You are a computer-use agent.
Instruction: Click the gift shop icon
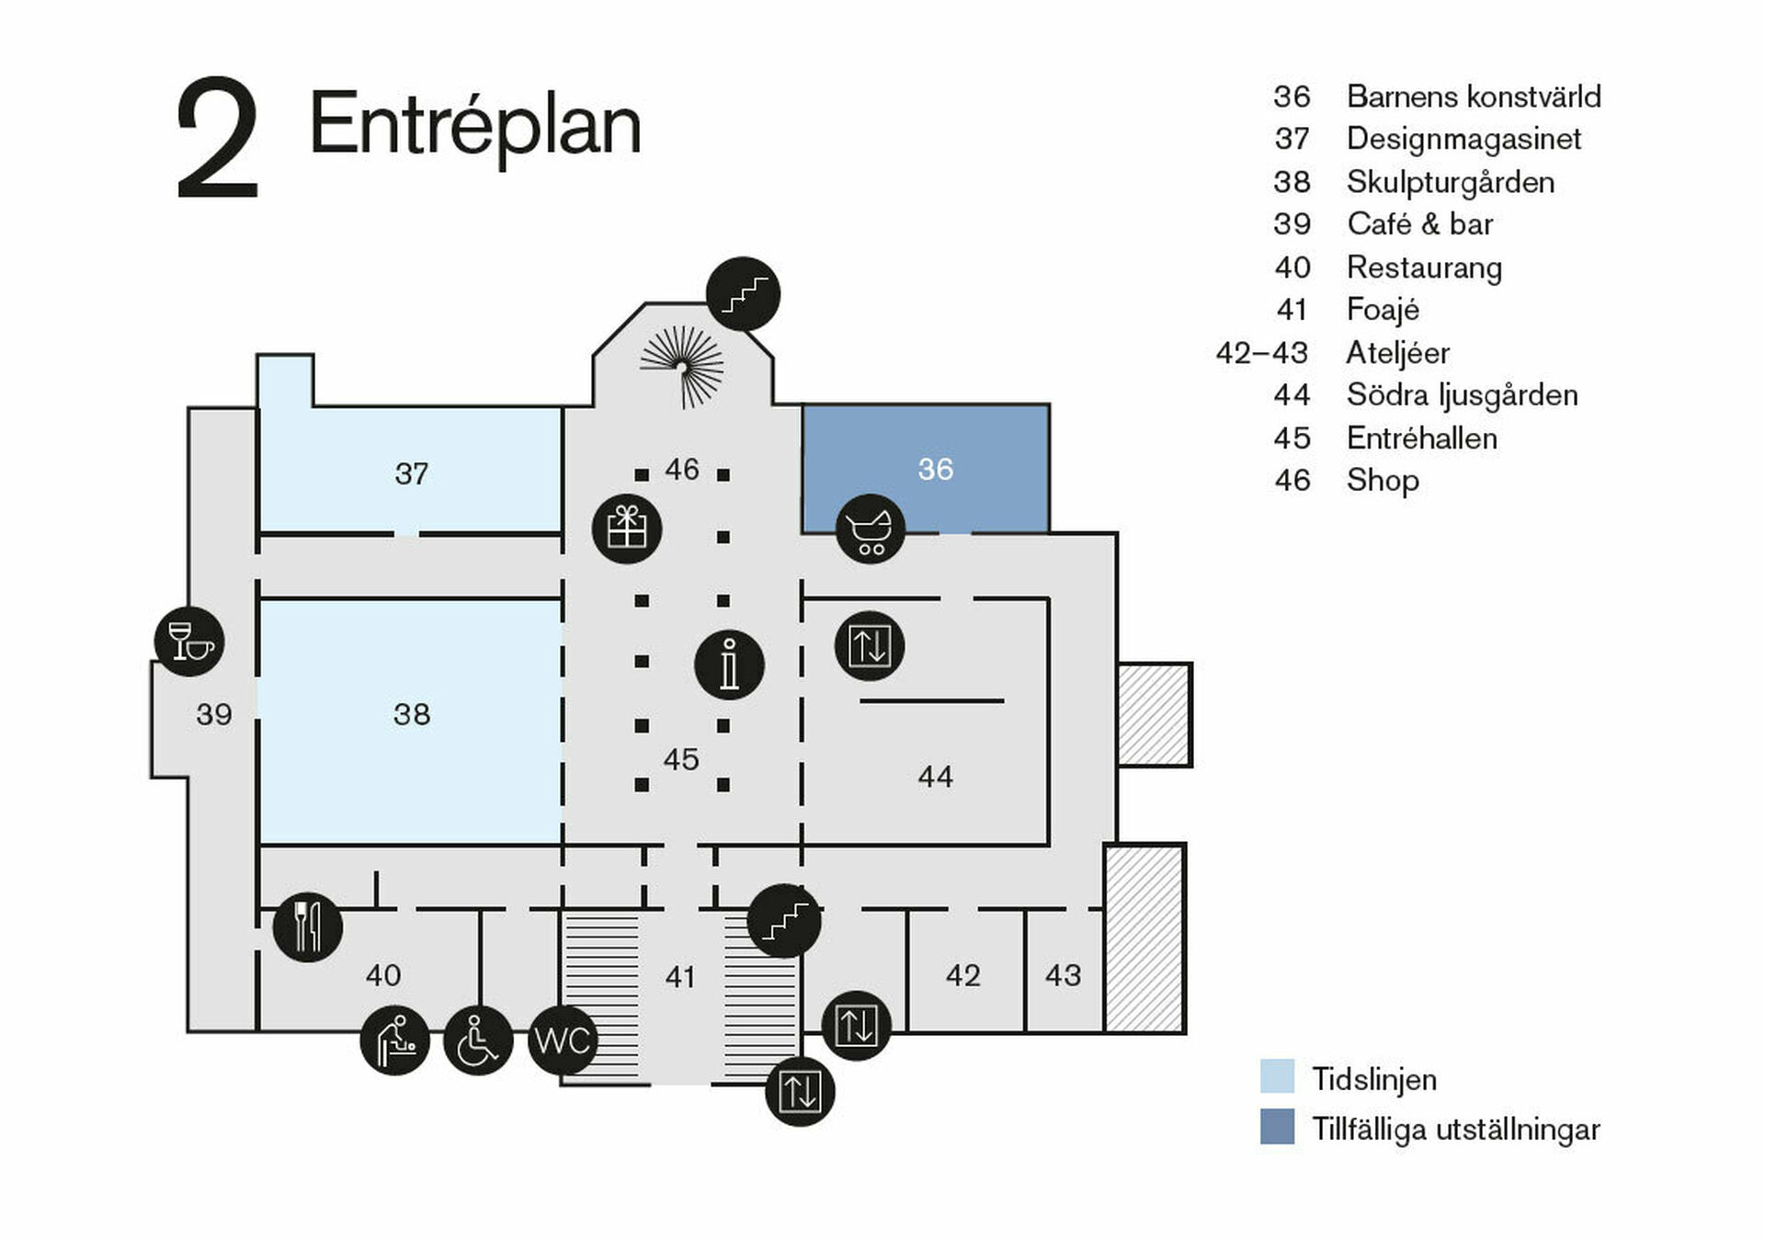[627, 529]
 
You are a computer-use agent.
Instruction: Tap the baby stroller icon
[870, 529]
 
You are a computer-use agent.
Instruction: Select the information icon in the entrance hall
[729, 665]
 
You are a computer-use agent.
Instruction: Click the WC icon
[563, 1040]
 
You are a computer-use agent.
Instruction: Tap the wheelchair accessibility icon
[478, 1040]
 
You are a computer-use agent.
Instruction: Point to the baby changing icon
[395, 1040]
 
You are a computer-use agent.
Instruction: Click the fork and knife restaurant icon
[308, 926]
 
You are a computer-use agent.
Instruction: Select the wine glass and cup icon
[189, 641]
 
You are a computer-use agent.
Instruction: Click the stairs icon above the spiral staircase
[743, 293]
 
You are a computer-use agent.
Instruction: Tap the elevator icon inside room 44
[870, 645]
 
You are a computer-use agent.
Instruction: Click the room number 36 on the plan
[935, 470]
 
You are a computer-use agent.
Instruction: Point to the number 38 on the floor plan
[411, 714]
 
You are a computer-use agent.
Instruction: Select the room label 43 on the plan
[1063, 975]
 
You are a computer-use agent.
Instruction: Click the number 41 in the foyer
[680, 976]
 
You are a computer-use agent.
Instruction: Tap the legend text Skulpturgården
[1450, 182]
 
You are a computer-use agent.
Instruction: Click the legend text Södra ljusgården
[1462, 395]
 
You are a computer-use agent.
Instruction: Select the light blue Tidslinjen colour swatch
[1277, 1076]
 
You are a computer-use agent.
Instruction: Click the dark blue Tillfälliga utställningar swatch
[1277, 1127]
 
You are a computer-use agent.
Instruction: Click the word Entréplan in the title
[474, 125]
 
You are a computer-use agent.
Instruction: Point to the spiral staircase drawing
[682, 366]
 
